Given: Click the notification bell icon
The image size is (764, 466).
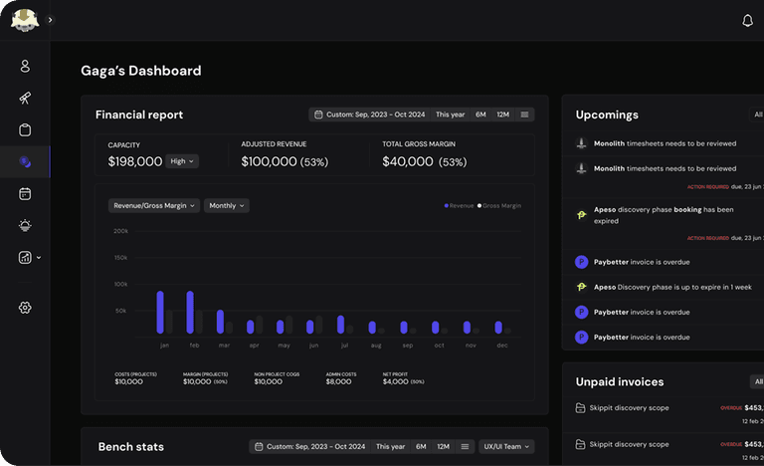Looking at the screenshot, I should (748, 20).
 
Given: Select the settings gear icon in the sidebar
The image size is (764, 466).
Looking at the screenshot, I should (25, 308).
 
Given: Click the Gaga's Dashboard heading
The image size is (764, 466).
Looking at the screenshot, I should (140, 71).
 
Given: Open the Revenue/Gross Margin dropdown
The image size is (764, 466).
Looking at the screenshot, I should (154, 206).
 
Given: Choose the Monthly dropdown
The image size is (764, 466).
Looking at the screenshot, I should (227, 206).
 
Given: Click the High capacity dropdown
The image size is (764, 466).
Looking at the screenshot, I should (182, 161).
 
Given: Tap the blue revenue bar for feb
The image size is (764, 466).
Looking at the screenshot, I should (190, 312).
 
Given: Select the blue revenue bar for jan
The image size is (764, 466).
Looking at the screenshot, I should (160, 312).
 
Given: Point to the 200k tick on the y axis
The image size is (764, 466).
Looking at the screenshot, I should (120, 231).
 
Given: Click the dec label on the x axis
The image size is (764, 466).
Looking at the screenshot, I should (501, 345).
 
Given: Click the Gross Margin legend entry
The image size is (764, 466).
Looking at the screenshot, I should (499, 206).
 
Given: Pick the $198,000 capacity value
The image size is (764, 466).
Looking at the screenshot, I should (135, 161).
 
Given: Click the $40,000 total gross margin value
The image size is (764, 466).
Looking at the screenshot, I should (408, 161).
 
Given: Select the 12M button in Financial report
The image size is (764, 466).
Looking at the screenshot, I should (502, 115).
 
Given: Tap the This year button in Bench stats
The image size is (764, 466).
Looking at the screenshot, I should (390, 446).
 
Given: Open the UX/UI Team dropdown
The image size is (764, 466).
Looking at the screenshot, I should (506, 446).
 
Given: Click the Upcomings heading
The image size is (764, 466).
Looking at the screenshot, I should (607, 116).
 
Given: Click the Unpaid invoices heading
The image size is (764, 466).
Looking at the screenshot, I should (619, 381).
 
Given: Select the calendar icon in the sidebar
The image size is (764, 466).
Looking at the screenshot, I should (25, 193).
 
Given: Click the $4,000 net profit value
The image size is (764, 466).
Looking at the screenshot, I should (395, 381).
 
